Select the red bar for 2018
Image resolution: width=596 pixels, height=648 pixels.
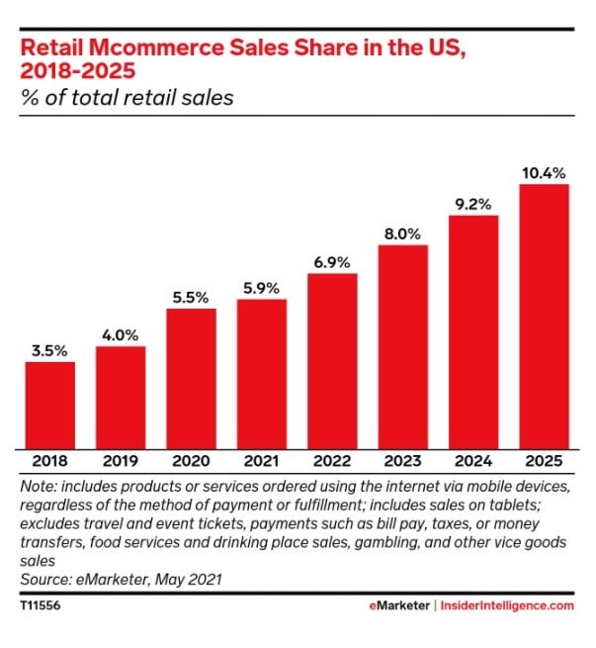(49, 404)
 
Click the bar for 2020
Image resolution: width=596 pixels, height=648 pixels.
(191, 378)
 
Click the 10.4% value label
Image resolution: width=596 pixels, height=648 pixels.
(544, 173)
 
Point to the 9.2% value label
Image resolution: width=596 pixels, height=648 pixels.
(473, 204)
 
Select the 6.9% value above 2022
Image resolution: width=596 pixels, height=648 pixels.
(332, 262)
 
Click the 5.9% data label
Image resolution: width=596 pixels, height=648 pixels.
(262, 288)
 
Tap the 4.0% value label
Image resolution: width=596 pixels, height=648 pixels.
(121, 335)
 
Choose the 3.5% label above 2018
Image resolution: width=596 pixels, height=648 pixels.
(49, 350)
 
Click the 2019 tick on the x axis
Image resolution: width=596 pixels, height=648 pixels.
(121, 462)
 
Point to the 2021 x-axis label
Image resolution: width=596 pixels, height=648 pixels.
(262, 462)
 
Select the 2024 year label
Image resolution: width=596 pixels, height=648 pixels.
(473, 462)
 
